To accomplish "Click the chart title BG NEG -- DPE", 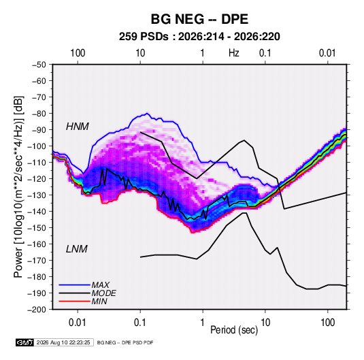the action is [199, 19].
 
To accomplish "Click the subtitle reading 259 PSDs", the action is [144, 37].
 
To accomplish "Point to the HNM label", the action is [78, 127].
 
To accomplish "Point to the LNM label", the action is [77, 249].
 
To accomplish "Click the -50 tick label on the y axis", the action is [39, 65].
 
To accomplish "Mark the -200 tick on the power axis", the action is [37, 310].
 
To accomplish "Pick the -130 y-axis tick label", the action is [37, 195].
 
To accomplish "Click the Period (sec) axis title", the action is [234, 330].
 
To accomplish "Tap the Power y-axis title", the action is [18, 187].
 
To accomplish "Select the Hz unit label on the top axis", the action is [234, 53].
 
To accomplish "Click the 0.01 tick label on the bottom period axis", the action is [78, 323].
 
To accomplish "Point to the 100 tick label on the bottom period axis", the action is [328, 323].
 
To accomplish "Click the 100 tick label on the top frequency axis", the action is [78, 53].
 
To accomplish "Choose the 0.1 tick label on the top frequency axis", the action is [265, 53].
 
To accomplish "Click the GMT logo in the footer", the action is [24, 342].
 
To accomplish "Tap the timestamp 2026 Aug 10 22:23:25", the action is [63, 342].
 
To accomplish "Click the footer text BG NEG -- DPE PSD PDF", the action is [125, 342].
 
